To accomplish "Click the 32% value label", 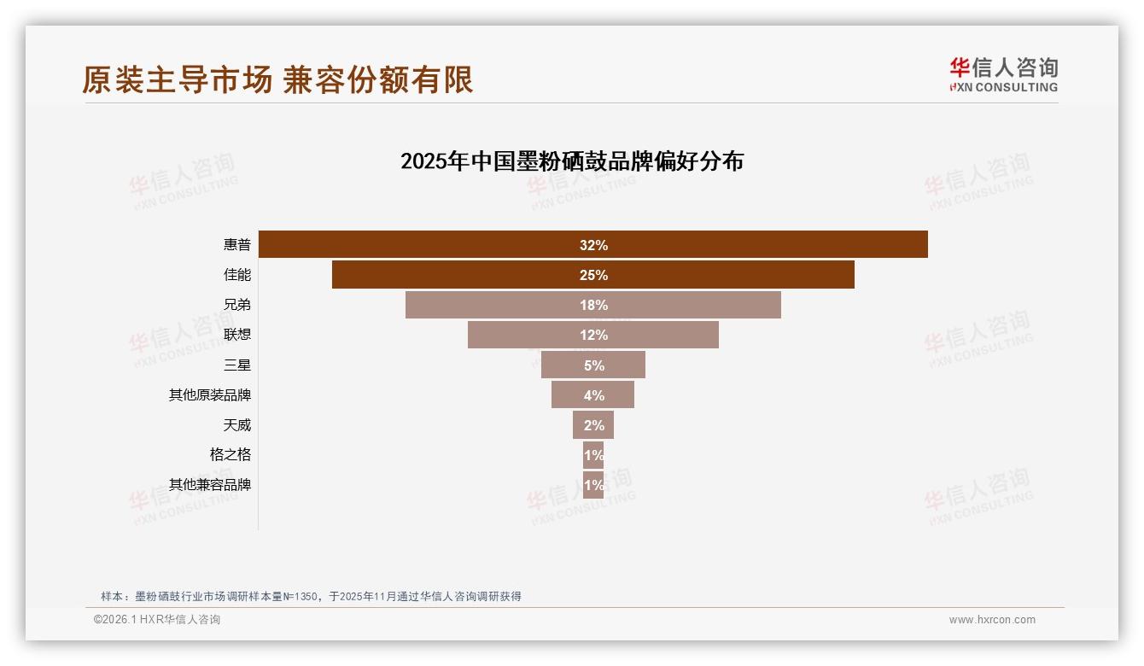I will tap(593, 245).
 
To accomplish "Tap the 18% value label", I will tap(593, 305).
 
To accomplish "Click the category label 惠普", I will tap(237, 245).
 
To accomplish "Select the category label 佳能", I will tap(237, 275).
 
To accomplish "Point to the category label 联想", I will tap(237, 335).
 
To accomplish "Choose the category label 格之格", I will tap(231, 454).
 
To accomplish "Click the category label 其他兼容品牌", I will tap(210, 484).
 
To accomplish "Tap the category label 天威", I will tap(237, 424).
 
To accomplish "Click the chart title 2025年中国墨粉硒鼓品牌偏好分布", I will tap(572, 161).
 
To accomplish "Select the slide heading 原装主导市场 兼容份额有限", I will tap(277, 79).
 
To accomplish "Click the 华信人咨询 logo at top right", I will tap(1003, 74).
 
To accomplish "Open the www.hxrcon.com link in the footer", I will tap(992, 620).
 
